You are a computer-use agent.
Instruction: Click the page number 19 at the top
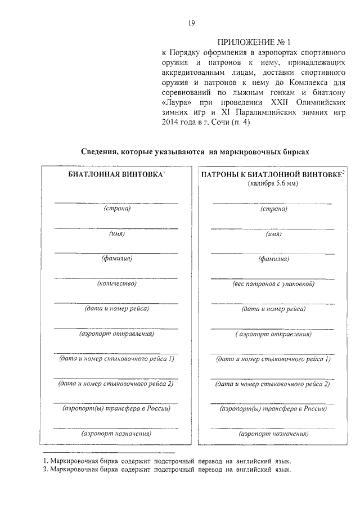point(191,23)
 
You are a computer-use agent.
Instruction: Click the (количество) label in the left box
point(116,283)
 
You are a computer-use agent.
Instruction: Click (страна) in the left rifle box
point(116,209)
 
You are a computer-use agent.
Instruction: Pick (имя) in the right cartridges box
point(273,234)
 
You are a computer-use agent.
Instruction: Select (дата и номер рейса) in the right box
point(273,309)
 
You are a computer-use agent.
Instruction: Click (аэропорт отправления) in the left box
point(116,334)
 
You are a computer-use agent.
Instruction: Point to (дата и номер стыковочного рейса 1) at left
point(116,358)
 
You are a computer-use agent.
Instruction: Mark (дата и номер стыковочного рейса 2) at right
point(273,384)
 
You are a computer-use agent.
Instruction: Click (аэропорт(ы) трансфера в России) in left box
point(116,408)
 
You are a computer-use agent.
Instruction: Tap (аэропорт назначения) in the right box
point(273,434)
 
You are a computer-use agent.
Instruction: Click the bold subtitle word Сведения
point(101,152)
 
